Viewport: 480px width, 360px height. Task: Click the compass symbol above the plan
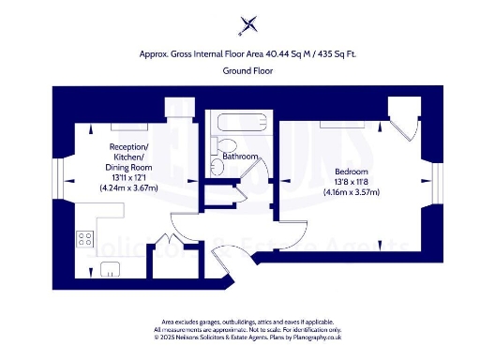click(x=248, y=24)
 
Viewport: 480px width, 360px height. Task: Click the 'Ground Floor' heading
click(x=247, y=71)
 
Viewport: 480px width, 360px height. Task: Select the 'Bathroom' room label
click(x=241, y=157)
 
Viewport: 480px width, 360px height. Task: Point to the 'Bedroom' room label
click(x=352, y=171)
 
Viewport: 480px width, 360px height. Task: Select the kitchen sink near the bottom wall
click(x=110, y=271)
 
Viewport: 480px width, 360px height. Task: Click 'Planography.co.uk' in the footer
click(x=309, y=337)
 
